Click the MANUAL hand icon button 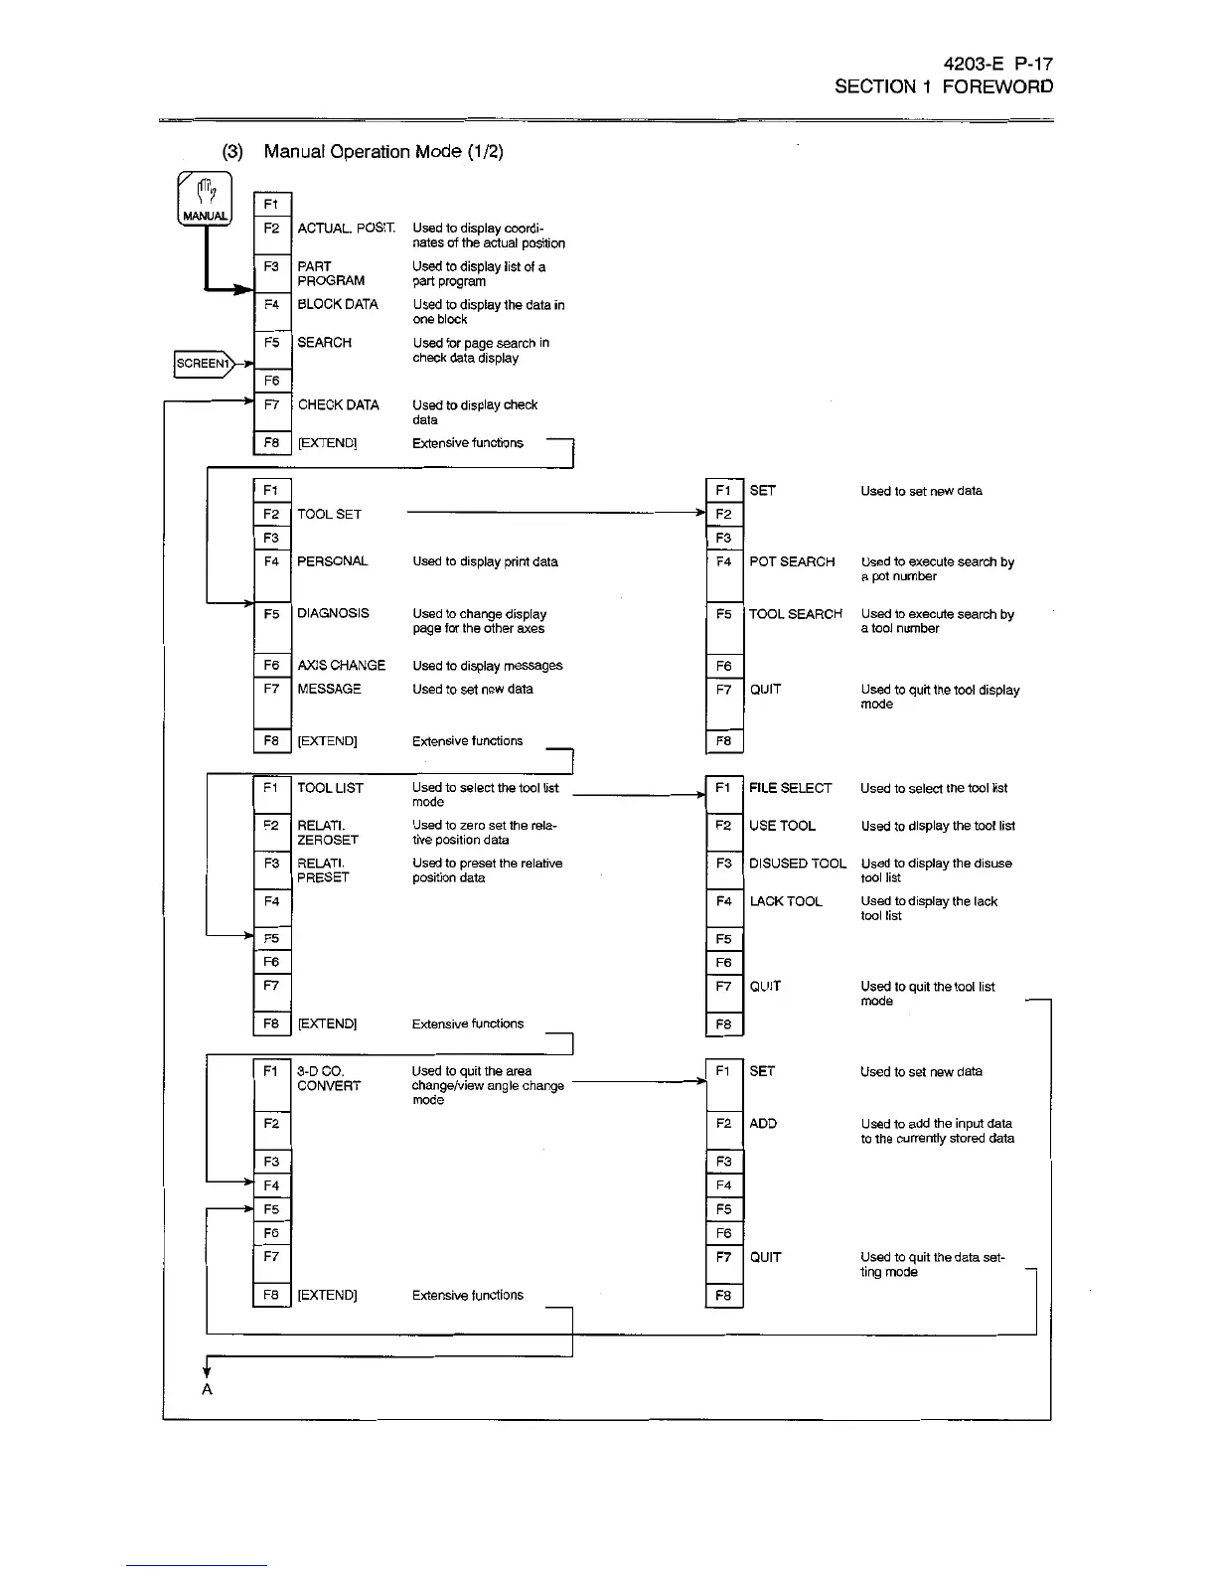point(205,199)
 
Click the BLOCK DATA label point(338,304)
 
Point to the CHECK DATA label point(338,404)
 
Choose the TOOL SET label point(329,514)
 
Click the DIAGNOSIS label point(333,613)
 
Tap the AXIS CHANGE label point(341,665)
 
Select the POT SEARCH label point(792,561)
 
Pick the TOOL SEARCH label point(795,614)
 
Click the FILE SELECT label point(790,788)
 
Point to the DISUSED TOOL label point(798,864)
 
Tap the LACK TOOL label point(785,901)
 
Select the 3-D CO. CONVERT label point(328,1078)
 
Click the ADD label point(763,1124)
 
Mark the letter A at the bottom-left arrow point(207,1389)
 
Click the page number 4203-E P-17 point(997,64)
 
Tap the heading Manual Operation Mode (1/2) point(383,151)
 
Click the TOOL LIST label point(330,788)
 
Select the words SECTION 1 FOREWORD point(943,86)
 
